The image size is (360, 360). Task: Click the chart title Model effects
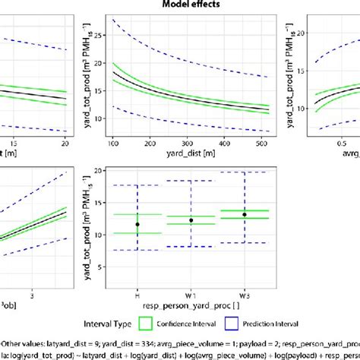click(x=179, y=4)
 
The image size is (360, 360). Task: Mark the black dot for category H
click(x=137, y=225)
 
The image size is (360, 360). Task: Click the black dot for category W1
click(x=191, y=220)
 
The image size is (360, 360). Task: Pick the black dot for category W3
click(x=244, y=215)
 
